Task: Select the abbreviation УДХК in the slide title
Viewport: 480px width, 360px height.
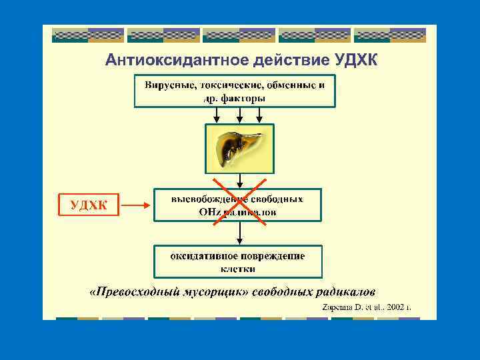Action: (354, 61)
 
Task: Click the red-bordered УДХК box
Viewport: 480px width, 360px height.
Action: (88, 205)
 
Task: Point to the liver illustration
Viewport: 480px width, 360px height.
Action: (238, 147)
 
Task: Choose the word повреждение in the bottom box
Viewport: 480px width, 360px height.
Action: (275, 256)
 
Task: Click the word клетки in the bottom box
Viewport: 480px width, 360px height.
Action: (238, 269)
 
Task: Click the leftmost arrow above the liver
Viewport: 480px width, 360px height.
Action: (215, 115)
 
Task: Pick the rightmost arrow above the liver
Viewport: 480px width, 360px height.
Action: (261, 115)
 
